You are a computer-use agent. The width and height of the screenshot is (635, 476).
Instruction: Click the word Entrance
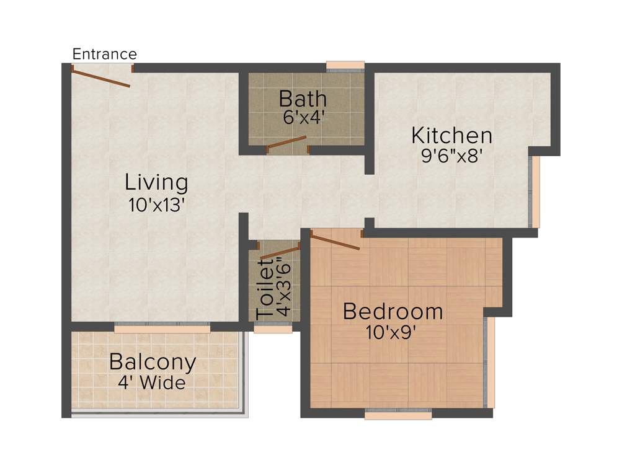pyautogui.click(x=104, y=54)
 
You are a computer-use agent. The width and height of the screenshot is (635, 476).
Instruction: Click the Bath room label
pyautogui.click(x=303, y=99)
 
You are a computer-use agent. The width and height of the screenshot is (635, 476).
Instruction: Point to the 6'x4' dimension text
pyautogui.click(x=304, y=118)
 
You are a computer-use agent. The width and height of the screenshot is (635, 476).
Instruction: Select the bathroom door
pyautogui.click(x=286, y=143)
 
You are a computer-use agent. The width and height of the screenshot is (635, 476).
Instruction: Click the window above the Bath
pyautogui.click(x=345, y=66)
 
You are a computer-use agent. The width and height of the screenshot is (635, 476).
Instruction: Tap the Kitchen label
pyautogui.click(x=452, y=135)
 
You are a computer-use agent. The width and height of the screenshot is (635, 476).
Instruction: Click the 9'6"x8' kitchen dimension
pyautogui.click(x=452, y=155)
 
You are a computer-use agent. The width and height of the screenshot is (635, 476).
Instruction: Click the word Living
pyautogui.click(x=156, y=183)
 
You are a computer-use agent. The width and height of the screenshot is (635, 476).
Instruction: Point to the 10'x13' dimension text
pyautogui.click(x=158, y=205)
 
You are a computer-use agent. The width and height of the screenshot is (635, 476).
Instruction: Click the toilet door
pyautogui.click(x=280, y=252)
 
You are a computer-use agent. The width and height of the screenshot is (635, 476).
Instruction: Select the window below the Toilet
pyautogui.click(x=273, y=328)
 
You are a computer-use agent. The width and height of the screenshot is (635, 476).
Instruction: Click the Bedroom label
pyautogui.click(x=393, y=311)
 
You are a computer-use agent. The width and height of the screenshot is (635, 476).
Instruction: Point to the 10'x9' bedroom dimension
pyautogui.click(x=391, y=333)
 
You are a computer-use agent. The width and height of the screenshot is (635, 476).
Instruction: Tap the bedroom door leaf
pyautogui.click(x=335, y=241)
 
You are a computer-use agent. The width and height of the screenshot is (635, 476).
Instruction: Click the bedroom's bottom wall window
pyautogui.click(x=398, y=415)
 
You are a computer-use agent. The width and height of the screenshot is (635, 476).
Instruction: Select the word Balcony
pyautogui.click(x=153, y=361)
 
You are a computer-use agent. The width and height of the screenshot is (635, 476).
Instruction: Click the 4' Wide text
pyautogui.click(x=152, y=382)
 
